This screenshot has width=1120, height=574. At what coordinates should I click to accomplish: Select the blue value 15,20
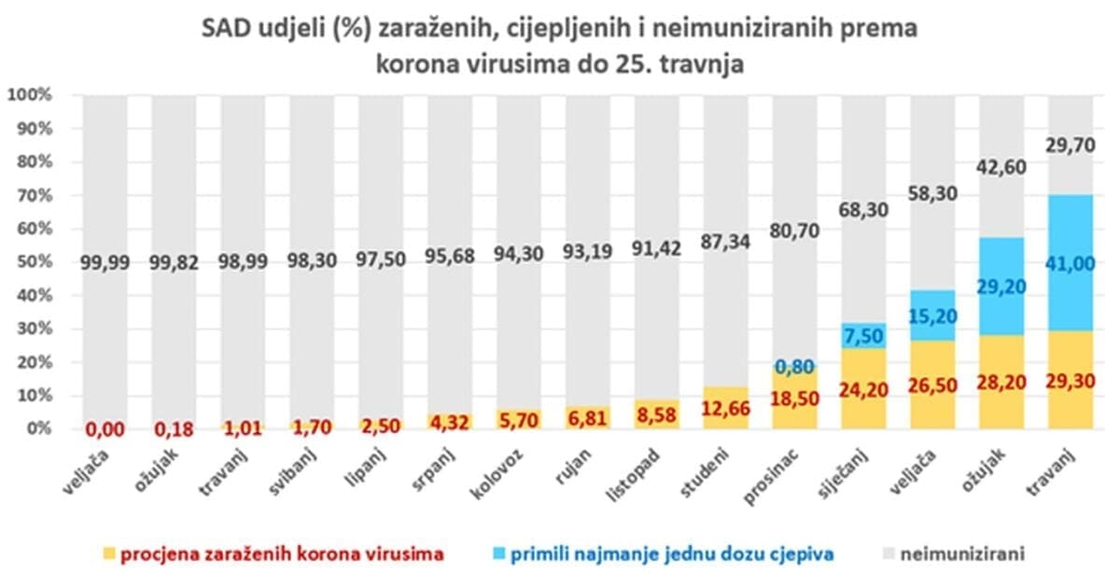point(933,317)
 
